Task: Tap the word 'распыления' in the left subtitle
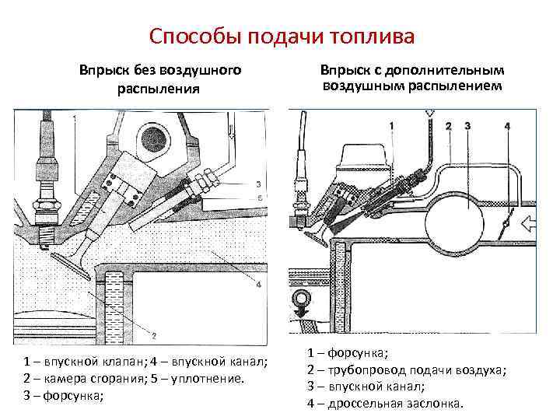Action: [159, 89]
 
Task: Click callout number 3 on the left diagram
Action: [257, 184]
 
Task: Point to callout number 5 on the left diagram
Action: [257, 198]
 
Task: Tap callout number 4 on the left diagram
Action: [257, 285]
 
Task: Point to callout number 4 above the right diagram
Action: [506, 125]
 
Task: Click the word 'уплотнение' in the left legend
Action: [208, 379]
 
